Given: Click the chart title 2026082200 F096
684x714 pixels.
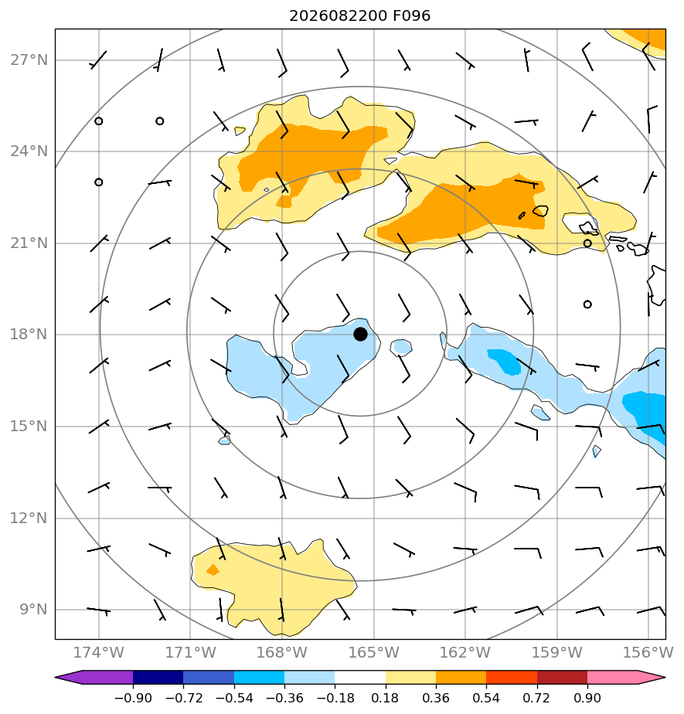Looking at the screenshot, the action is (x=359, y=16).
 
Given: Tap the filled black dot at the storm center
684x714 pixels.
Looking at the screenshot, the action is (x=360, y=335).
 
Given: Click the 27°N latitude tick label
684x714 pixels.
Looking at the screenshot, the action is (x=29, y=60).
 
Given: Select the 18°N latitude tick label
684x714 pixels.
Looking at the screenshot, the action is (x=29, y=335).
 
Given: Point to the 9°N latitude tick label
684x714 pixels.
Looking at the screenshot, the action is (x=34, y=609).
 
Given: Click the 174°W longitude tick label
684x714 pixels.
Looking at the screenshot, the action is (x=99, y=652).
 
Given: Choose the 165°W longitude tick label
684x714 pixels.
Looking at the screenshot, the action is (x=374, y=652).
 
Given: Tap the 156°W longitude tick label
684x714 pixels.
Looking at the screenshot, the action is (x=648, y=652).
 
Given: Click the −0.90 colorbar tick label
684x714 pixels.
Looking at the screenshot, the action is (x=133, y=698).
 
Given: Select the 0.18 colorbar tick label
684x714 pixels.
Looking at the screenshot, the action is (x=385, y=698).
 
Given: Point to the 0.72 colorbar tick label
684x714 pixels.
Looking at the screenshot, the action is (x=537, y=698).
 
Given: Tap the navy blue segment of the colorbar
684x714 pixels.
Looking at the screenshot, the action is (x=158, y=677).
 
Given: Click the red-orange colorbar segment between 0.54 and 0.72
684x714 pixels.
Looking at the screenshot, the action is (x=512, y=677).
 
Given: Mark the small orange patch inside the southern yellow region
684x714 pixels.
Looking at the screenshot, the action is (x=213, y=569).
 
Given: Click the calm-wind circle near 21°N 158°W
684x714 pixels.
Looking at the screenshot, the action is (x=587, y=243).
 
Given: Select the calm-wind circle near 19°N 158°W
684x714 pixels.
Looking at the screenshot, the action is (x=587, y=304).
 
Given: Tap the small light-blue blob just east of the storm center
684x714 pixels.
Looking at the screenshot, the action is (x=401, y=348).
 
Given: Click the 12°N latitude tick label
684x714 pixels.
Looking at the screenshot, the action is (x=29, y=518).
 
